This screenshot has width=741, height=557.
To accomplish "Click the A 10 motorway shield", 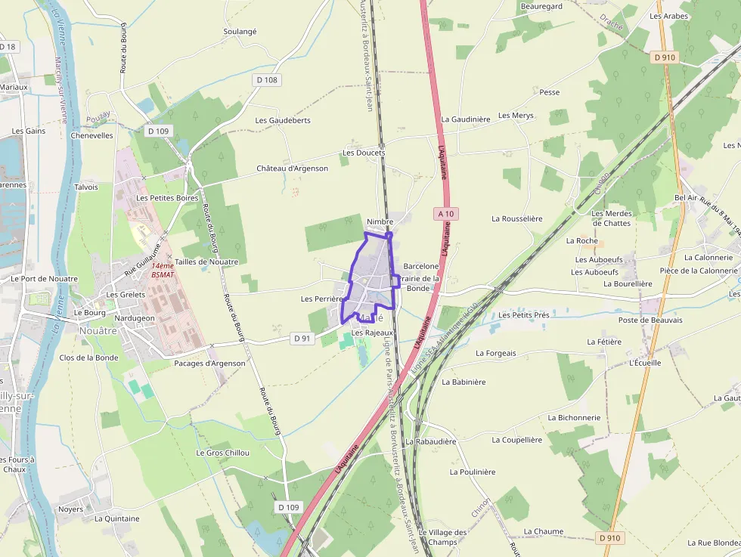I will [x=446, y=214].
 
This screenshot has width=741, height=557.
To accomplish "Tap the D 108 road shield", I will [x=267, y=79].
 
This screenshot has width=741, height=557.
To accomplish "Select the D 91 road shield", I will [x=302, y=339].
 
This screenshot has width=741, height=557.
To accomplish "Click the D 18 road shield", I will [x=8, y=47].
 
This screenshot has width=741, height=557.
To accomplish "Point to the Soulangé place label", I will [x=240, y=32].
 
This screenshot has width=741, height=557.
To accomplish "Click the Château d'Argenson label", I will [x=292, y=169].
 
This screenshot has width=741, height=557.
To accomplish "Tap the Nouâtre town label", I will [x=98, y=330].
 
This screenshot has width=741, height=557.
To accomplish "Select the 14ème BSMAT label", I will [x=163, y=270].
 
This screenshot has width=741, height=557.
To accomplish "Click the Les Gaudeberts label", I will [x=283, y=120].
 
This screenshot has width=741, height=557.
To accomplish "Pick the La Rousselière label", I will [x=516, y=218].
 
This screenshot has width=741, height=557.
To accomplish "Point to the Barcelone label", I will [x=421, y=266].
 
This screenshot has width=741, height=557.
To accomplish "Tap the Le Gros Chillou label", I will [x=222, y=453].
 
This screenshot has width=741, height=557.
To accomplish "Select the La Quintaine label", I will [x=117, y=518].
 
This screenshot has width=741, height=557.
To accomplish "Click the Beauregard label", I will [x=541, y=6].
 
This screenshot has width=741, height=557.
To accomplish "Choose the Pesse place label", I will [x=550, y=92].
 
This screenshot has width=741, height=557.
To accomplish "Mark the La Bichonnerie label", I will [x=574, y=417].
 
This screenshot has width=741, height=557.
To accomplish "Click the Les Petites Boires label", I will [x=167, y=198].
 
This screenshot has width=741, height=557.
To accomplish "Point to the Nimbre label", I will [x=380, y=221].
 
